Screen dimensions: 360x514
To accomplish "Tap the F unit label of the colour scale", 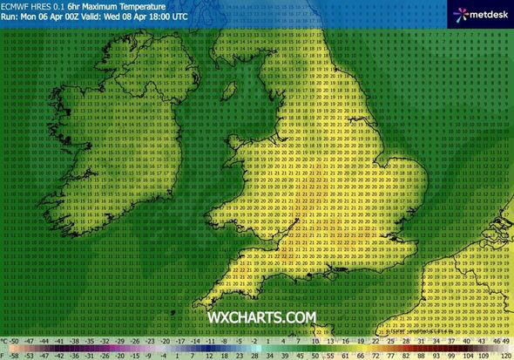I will [4, 356].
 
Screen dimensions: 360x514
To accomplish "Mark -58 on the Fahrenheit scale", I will [16, 356].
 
